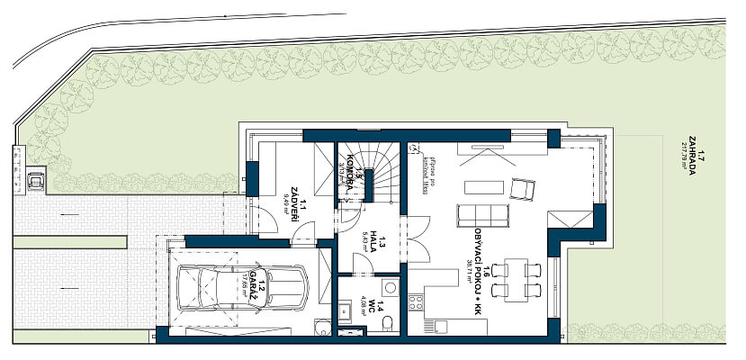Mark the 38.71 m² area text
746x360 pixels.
click(470, 268)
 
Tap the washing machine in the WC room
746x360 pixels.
click(390, 287)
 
